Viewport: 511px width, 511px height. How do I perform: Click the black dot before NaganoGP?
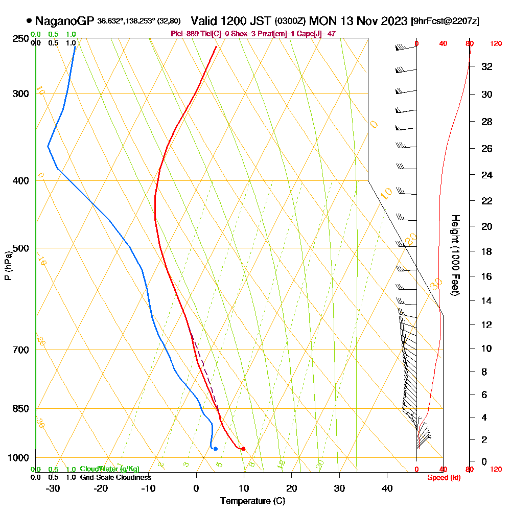pyautogui.click(x=29, y=21)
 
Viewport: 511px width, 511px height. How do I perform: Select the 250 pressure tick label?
pyautogui.click(x=20, y=38)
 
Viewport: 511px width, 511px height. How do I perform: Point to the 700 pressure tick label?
pyautogui.click(x=20, y=350)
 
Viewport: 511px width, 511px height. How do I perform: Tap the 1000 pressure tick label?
pyautogui.click(x=18, y=457)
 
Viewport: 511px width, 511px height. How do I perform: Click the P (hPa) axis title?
pyautogui.click(x=8, y=265)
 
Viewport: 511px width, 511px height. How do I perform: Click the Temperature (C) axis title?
pyautogui.click(x=252, y=501)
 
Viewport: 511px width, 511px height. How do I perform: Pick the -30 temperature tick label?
pyautogui.click(x=53, y=488)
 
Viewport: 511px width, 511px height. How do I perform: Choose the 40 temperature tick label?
pyautogui.click(x=387, y=488)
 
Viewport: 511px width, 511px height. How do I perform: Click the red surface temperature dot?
pyautogui.click(x=243, y=449)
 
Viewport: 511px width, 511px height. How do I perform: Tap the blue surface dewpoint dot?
pyautogui.click(x=215, y=449)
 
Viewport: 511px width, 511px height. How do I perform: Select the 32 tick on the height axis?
pyautogui.click(x=487, y=66)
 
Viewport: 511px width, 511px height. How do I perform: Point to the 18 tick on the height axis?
pyautogui.click(x=487, y=251)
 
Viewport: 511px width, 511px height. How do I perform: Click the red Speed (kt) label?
pyautogui.click(x=442, y=477)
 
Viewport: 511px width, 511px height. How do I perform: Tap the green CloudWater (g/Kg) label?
pyautogui.click(x=109, y=469)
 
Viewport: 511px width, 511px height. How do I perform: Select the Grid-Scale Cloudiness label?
pyautogui.click(x=115, y=477)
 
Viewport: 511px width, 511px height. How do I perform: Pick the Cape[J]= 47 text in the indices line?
pyautogui.click(x=317, y=34)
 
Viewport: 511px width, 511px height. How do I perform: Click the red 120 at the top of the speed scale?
pyautogui.click(x=496, y=44)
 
